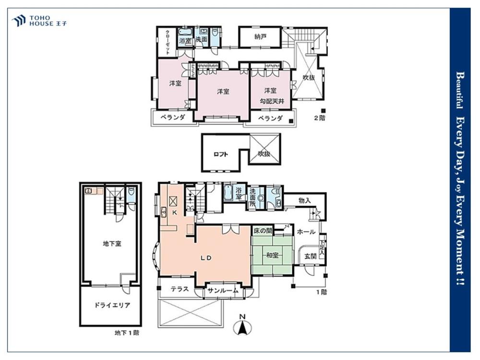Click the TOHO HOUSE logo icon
point(18,21)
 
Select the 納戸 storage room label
point(260,37)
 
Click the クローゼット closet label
point(168,42)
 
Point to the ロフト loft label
point(221,154)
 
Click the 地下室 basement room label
point(112,244)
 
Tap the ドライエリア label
point(112,305)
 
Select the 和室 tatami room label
point(272,255)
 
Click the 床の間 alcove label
point(263,231)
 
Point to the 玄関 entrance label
point(310,256)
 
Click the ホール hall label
point(306,232)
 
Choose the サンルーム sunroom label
point(223,291)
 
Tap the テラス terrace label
point(180,288)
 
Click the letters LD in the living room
point(206,258)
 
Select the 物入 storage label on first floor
point(305,201)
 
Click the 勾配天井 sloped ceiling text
point(272,101)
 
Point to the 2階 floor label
point(320,118)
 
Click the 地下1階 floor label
point(127,333)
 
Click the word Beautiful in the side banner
point(459,90)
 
